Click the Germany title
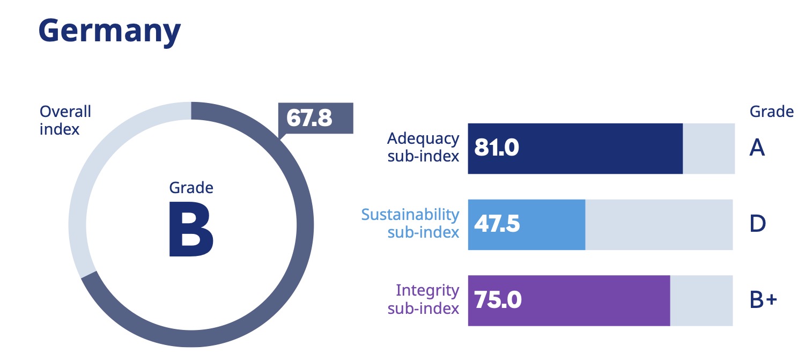[109, 32]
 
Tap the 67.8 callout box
[316, 118]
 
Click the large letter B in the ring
[191, 229]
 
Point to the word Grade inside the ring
[191, 188]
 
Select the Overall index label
[65, 120]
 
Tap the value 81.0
[497, 149]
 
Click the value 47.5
[497, 224]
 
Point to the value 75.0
[498, 300]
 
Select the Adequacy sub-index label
[423, 148]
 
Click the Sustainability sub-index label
[410, 223]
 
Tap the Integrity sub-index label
[423, 299]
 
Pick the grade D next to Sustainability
[757, 224]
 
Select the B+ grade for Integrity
[763, 300]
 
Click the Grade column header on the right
[771, 112]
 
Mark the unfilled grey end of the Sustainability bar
[659, 224]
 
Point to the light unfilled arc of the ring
[80, 204]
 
